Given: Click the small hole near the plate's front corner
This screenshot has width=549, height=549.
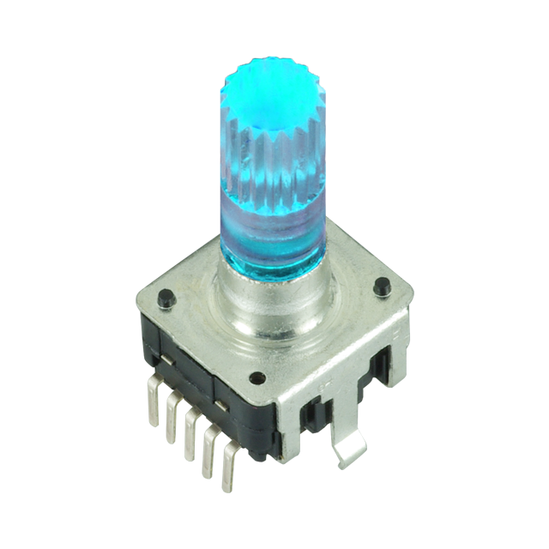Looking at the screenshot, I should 254,376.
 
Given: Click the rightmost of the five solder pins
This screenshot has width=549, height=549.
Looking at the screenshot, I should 229,471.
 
